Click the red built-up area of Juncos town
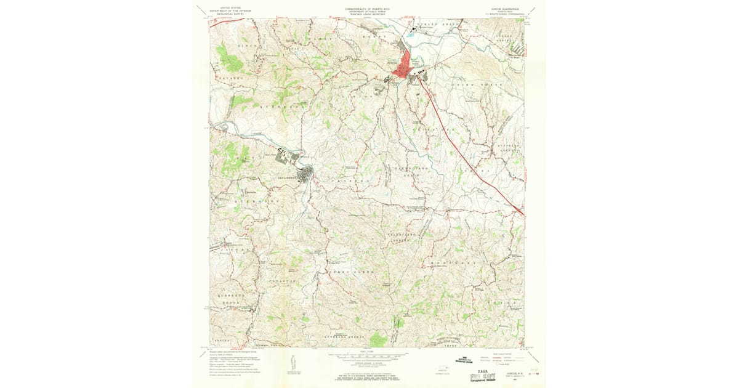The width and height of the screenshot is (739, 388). [x=407, y=65]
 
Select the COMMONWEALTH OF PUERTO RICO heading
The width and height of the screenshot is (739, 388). [x=371, y=9]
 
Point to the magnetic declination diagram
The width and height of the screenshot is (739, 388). [x=289, y=363]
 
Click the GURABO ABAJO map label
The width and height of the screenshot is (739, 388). [x=435, y=24]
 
